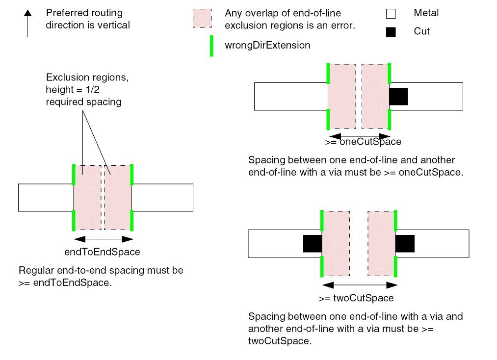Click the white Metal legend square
[391, 13]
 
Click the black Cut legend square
[391, 32]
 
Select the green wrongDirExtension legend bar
[211, 46]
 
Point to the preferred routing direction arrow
[27, 24]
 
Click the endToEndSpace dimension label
[103, 252]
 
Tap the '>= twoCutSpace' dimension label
[356, 298]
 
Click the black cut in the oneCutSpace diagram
[398, 96]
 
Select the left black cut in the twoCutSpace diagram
[313, 243]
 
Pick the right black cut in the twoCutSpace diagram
[405, 243]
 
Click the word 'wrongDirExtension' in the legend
[267, 46]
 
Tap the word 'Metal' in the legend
[427, 13]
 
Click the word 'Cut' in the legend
[421, 31]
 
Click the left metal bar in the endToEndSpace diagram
[46, 198]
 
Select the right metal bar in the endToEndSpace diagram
[162, 198]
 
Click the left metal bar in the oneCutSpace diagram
[291, 96]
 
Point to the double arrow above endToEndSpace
[103, 239]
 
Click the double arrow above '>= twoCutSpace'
[359, 285]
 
